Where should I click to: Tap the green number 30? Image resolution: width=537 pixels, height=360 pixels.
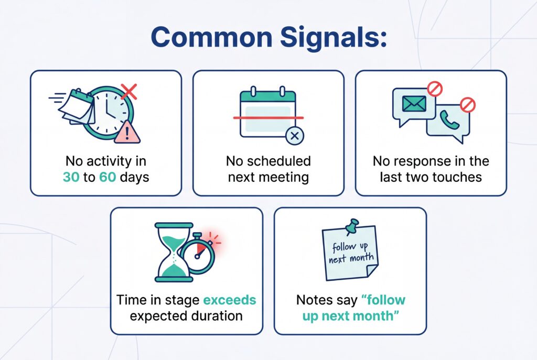tap(71, 177)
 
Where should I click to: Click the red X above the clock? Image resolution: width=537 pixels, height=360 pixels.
tap(129, 92)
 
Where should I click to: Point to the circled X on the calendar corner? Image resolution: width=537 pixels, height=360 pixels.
tap(294, 136)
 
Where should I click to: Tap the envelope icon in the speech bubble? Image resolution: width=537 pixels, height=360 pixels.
tap(414, 104)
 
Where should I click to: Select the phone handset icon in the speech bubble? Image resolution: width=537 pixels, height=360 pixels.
tap(449, 120)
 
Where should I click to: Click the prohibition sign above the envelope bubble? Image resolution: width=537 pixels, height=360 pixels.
tap(435, 89)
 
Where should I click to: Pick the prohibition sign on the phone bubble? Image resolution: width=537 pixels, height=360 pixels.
tap(467, 105)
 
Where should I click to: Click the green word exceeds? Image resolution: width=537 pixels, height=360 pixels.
tap(230, 300)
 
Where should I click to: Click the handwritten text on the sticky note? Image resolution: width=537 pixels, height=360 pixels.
tap(350, 252)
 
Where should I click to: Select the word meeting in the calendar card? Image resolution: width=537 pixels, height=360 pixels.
tap(285, 177)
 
